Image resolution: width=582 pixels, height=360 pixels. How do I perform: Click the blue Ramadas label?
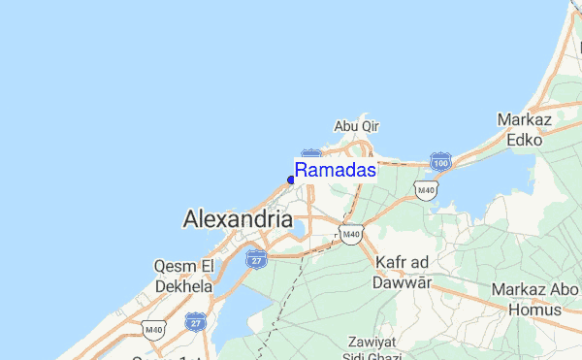tap(336, 170)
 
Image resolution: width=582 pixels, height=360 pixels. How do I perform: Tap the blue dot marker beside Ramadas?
tap(291, 180)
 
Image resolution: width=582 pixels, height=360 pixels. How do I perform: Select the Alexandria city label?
tap(238, 219)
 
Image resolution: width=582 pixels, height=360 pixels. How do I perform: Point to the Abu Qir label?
tap(356, 126)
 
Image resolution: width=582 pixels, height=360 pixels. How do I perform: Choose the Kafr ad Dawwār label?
tap(401, 273)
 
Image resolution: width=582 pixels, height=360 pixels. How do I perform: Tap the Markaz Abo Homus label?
tap(533, 299)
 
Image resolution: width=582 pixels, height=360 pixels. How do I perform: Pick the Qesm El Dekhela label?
tap(183, 276)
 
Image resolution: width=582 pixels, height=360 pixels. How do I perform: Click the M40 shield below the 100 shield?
tap(425, 189)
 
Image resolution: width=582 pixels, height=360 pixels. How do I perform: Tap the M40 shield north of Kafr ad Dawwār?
tap(350, 233)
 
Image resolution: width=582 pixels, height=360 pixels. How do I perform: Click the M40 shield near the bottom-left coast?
tap(152, 330)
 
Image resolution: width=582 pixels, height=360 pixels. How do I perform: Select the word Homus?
tap(533, 310)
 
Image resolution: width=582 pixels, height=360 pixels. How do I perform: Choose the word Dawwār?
tap(401, 283)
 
